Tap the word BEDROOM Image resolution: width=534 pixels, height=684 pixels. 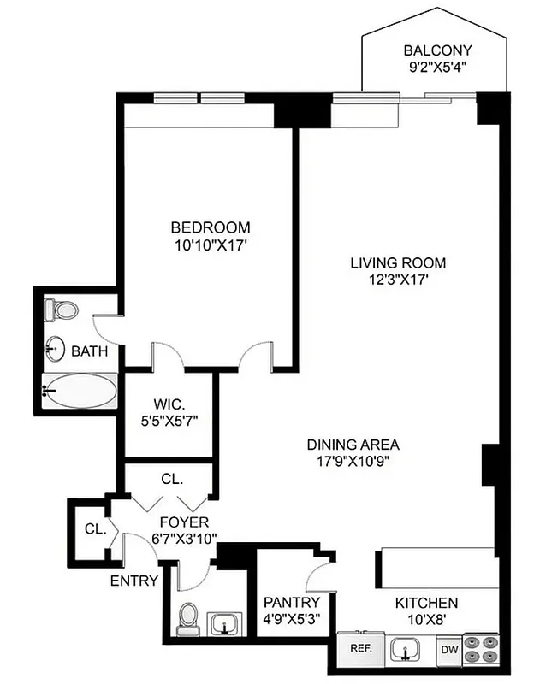211,227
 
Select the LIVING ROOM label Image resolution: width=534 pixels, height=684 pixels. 398,262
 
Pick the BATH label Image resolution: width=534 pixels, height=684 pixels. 88,351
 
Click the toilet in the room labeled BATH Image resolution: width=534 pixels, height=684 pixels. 61,309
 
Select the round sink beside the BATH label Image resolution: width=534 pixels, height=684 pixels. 56,349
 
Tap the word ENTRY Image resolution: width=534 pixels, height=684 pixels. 134,581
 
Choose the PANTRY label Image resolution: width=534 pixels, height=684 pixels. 291,603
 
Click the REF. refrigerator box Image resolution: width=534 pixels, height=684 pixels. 359,648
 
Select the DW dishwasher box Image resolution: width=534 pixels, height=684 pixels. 449,649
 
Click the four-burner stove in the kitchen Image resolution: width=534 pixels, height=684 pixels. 481,648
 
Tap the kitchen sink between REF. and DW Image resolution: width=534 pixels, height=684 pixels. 405,650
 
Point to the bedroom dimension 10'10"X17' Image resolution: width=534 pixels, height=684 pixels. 211,244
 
